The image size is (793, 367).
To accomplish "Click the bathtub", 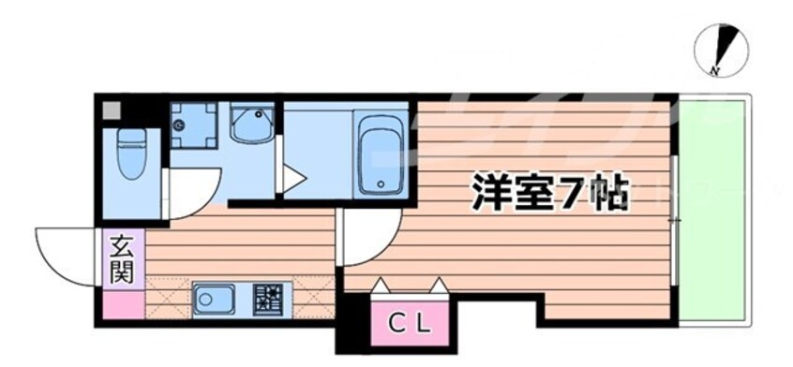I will [381, 154].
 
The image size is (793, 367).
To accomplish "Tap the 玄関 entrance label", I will [122, 260].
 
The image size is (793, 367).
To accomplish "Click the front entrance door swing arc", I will [66, 253].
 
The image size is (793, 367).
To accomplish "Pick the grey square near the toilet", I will [112, 109].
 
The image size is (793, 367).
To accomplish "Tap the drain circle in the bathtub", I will [381, 183].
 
